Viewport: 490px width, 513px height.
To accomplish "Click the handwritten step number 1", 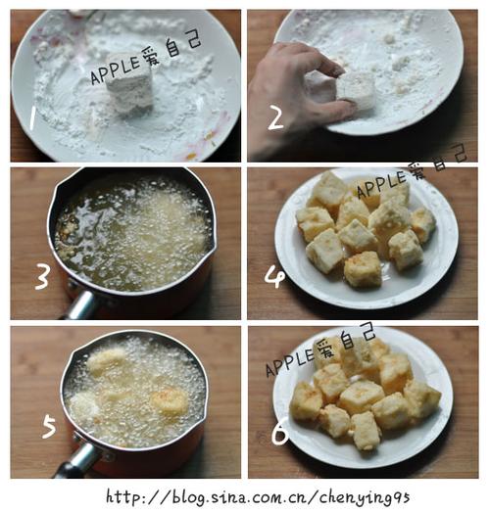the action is pos(32,117).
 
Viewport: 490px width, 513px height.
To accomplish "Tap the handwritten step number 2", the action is pos(275,117).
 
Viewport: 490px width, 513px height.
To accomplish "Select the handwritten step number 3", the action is pos(42,276).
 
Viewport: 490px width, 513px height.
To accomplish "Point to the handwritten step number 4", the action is pos(274,276).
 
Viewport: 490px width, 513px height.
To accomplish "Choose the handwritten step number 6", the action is pos(280,433).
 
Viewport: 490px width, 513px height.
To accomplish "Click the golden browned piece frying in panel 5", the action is pos(170,400).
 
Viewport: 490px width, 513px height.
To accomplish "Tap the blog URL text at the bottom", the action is pos(258,497).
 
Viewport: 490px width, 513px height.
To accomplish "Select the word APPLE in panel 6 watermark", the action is pos(289,362).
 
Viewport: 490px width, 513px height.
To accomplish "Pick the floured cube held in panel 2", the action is pos(356,88).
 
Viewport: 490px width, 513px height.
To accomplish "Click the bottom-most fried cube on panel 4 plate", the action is pos(363,269).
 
